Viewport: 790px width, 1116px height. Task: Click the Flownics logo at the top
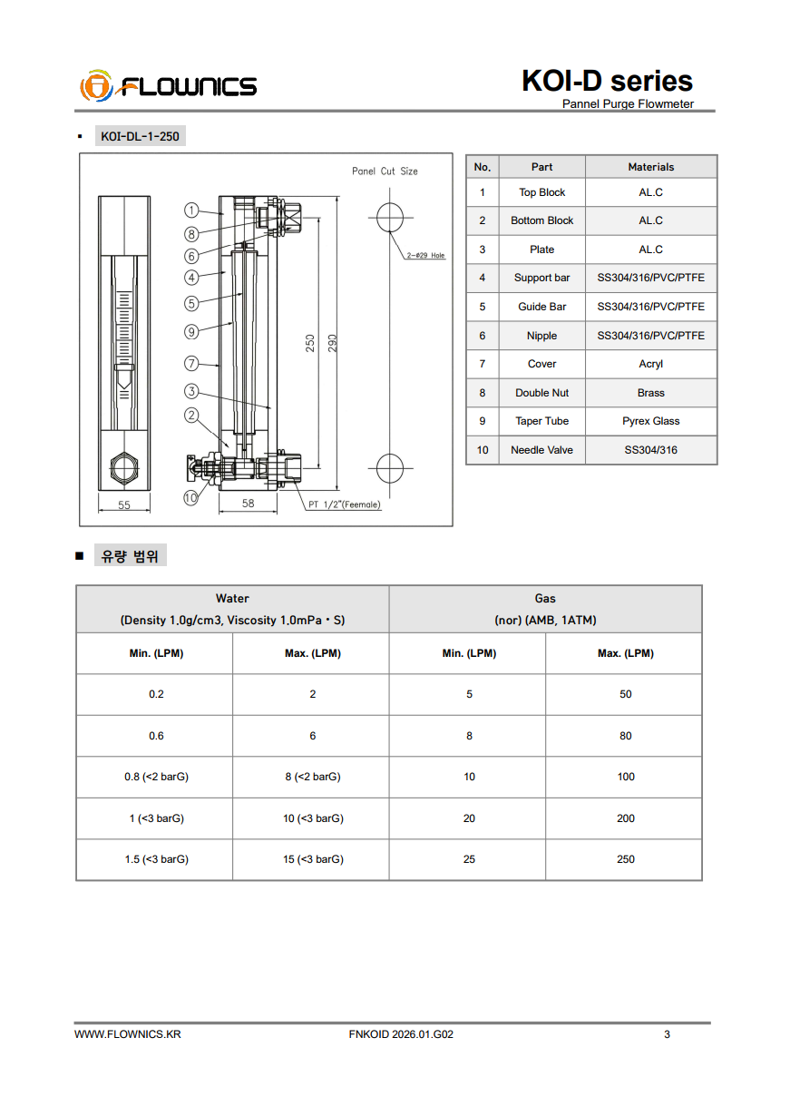tap(169, 86)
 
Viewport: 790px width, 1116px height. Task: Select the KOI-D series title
tap(607, 81)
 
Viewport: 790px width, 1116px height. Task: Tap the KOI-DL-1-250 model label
tap(140, 137)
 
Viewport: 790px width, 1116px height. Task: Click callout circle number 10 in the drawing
tap(190, 497)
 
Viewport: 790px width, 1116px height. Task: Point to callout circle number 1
tap(191, 210)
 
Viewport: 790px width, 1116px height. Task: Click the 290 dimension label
tap(333, 343)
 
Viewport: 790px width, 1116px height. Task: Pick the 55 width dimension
tap(124, 504)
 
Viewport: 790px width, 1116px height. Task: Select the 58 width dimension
tap(248, 504)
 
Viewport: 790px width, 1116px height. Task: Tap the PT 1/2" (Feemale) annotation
tap(345, 504)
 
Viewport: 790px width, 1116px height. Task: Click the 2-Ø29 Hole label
tap(426, 256)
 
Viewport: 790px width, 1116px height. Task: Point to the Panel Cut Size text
tap(385, 171)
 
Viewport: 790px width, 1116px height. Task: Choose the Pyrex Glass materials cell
tap(650, 421)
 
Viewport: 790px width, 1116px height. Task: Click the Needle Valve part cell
tap(541, 450)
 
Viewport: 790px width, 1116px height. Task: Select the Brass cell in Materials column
tap(650, 393)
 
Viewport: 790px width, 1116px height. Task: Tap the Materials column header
tap(650, 167)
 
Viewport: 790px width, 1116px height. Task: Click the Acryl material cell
tap(650, 364)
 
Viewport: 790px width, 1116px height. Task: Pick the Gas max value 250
tap(625, 859)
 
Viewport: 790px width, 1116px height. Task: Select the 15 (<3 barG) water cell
tap(312, 859)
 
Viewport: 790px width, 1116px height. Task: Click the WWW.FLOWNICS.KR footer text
tap(127, 1034)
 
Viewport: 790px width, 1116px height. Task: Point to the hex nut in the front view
tap(124, 468)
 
